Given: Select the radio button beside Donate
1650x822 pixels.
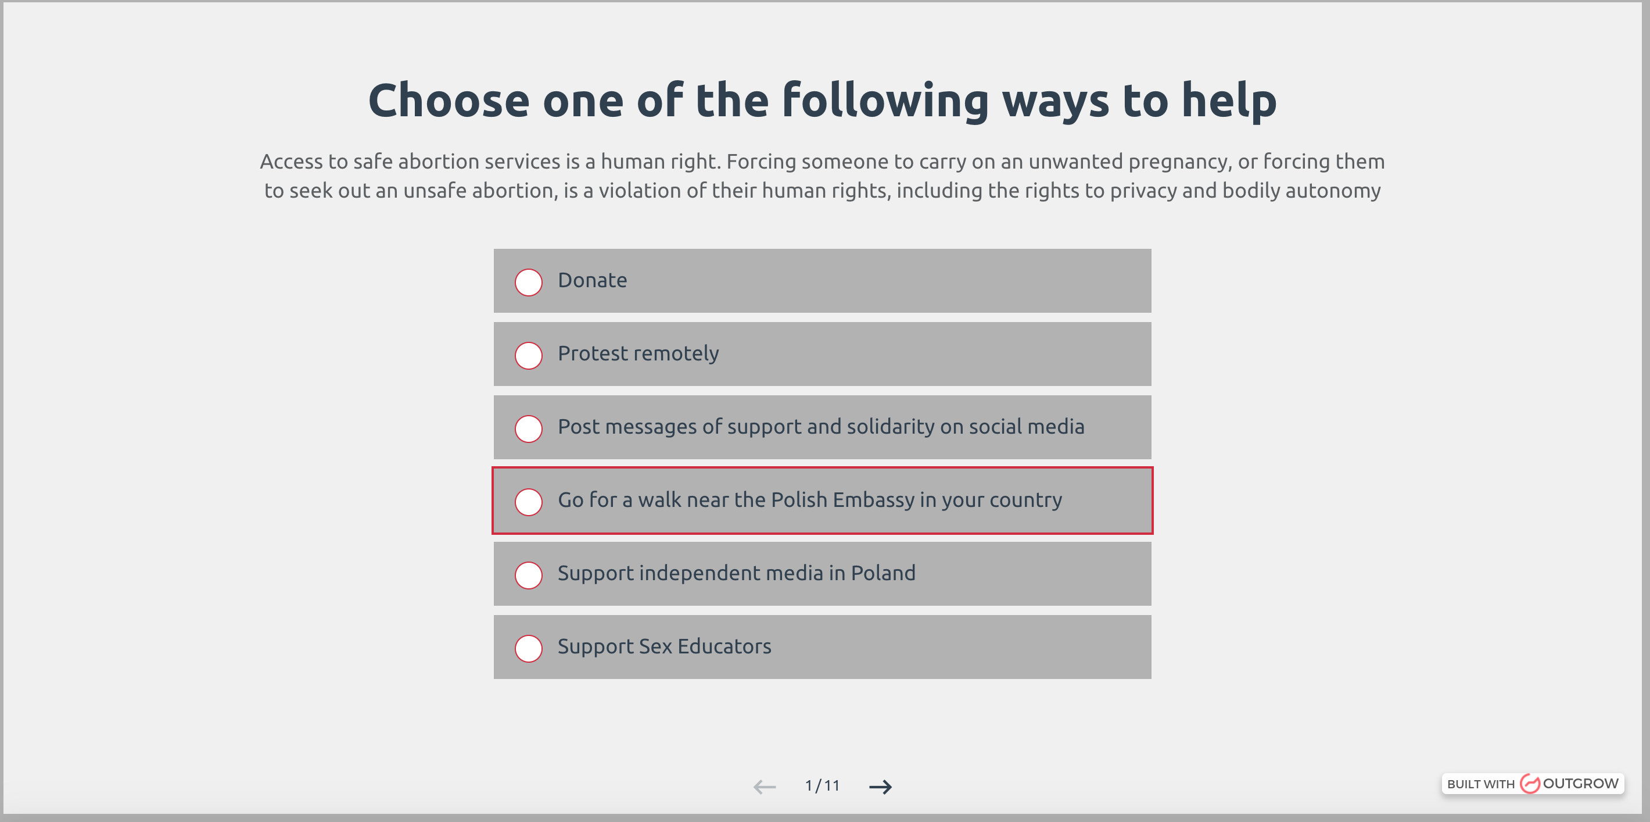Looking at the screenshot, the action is [x=529, y=283].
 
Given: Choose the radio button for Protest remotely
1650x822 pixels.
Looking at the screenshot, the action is [x=529, y=356].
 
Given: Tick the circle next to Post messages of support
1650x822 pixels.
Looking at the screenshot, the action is [x=529, y=428].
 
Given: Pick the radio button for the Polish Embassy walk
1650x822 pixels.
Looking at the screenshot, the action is [x=529, y=502].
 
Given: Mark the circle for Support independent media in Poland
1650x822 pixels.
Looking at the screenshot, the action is [x=529, y=576].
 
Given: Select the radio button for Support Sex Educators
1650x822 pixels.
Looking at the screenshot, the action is [x=529, y=648].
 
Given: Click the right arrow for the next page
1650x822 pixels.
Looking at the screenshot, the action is [x=880, y=787].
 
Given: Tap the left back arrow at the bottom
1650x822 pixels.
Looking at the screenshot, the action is [x=765, y=787].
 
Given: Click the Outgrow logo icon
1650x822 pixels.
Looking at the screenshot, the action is [x=1530, y=784].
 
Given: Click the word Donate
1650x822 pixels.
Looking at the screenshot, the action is [x=593, y=280].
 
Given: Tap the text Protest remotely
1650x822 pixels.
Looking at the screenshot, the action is [x=638, y=353].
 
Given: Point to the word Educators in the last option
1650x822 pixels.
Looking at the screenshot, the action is [x=724, y=646].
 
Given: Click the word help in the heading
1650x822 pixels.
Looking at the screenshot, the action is [x=1229, y=101].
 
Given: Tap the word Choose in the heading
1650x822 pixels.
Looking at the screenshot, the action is [x=449, y=101].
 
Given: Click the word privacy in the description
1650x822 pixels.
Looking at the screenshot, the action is [x=1143, y=191].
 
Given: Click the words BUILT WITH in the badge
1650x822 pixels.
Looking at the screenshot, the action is [x=1481, y=784].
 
